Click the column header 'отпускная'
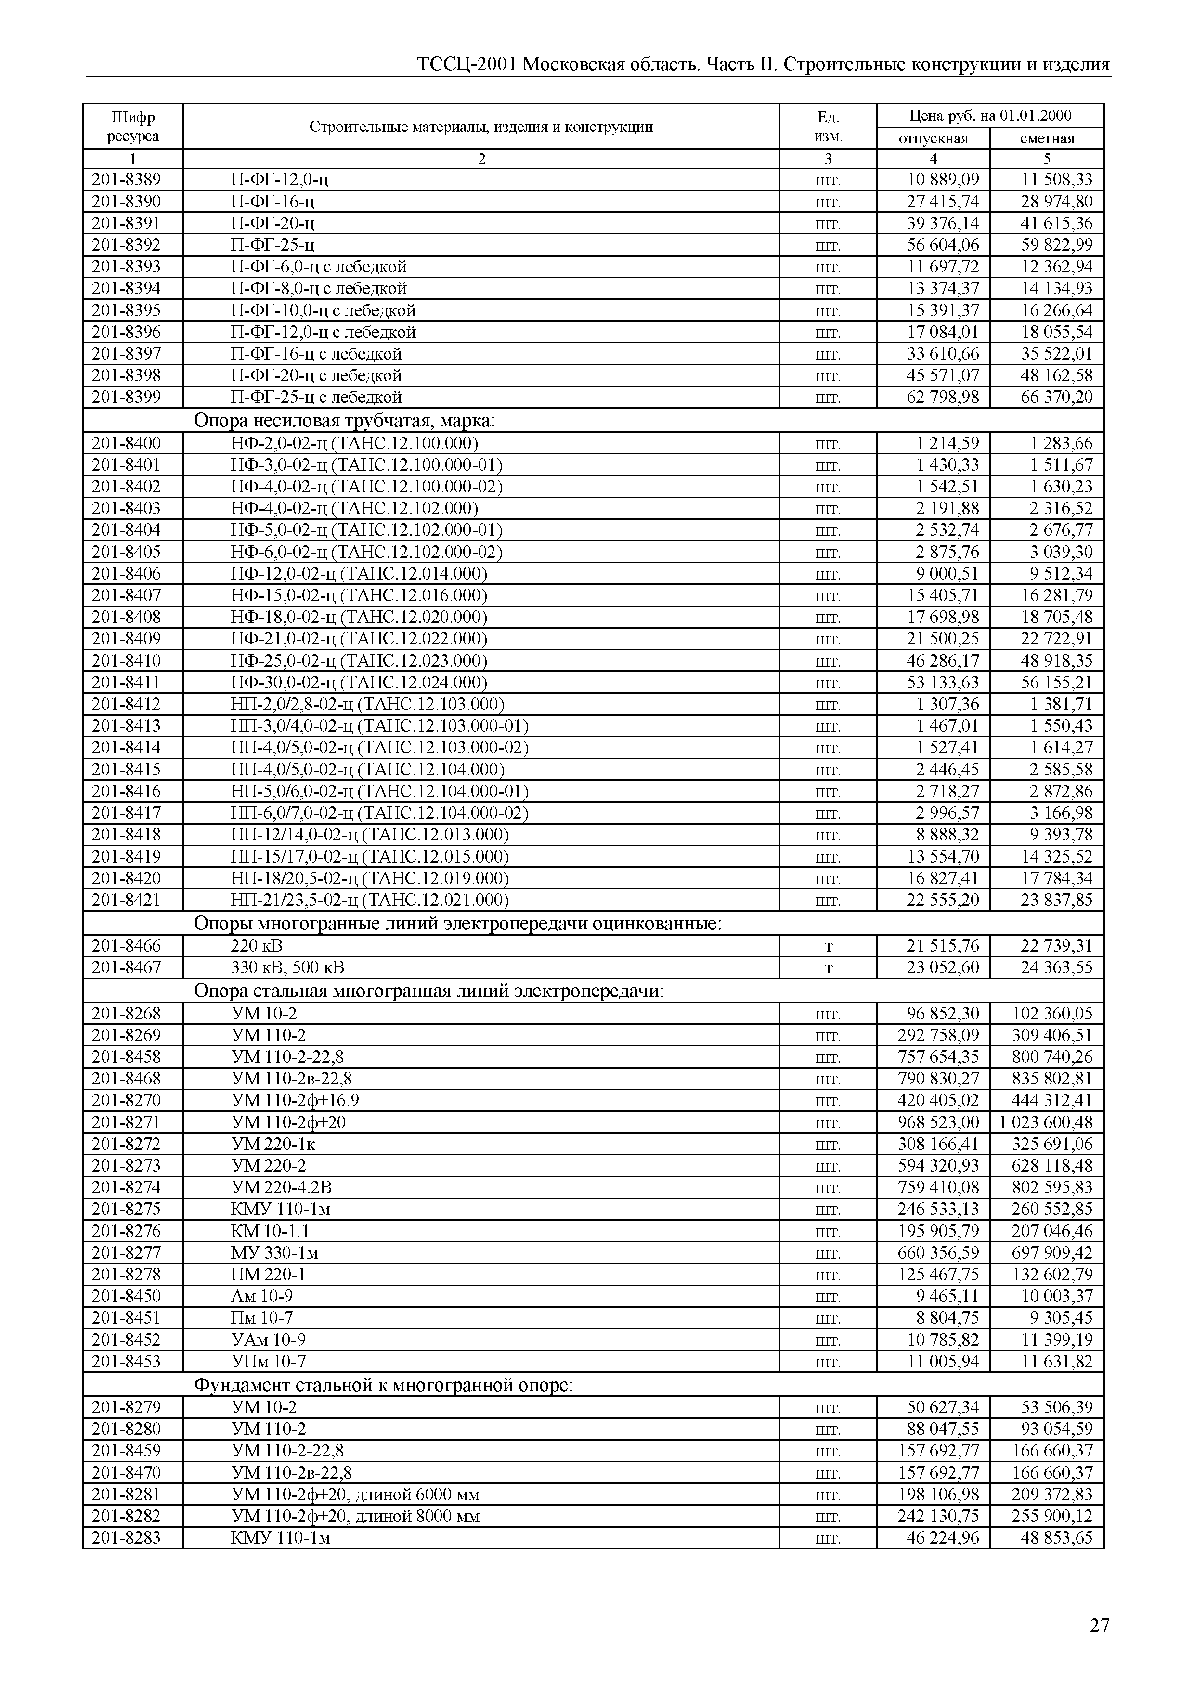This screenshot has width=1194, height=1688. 933,138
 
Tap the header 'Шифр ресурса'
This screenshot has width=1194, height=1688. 133,127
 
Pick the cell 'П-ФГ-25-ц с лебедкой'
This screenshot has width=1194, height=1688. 316,398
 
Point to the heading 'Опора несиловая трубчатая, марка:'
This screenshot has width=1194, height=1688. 345,421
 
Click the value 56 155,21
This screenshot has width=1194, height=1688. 1056,682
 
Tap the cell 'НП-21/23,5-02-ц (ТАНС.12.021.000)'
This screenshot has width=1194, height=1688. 369,901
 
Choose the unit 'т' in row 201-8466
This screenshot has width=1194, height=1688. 828,946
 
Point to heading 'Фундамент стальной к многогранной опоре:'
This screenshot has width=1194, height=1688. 383,1386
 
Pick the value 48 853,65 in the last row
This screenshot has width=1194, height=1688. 1056,1538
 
